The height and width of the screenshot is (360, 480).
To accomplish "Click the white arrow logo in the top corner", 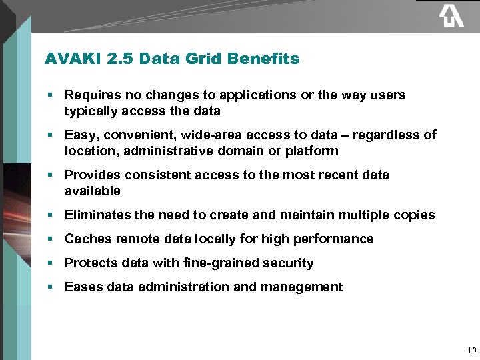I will coord(451,16).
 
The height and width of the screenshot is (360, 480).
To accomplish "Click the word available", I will coord(93,191).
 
